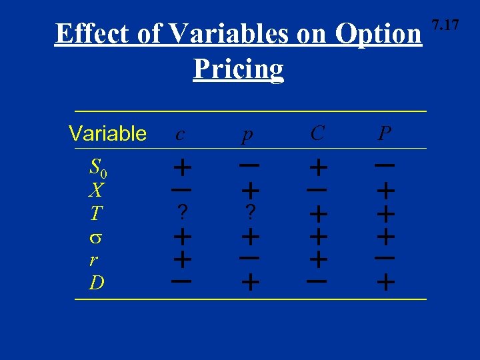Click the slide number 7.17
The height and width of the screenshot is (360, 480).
click(445, 26)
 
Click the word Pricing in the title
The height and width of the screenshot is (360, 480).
click(238, 68)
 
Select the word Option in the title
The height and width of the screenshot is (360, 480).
click(379, 33)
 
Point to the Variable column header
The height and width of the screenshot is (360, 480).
click(107, 133)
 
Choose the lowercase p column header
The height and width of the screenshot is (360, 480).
click(247, 135)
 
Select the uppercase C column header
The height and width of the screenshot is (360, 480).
click(317, 133)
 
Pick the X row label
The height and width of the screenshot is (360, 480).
click(96, 191)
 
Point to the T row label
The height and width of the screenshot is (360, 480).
click(96, 214)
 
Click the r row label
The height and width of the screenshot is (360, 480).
click(95, 260)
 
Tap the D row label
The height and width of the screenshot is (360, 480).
click(97, 283)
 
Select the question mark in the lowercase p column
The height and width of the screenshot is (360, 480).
click(250, 213)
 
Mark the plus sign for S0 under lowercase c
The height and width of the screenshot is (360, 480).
click(182, 165)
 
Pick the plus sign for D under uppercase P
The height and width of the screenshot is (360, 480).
click(385, 283)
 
